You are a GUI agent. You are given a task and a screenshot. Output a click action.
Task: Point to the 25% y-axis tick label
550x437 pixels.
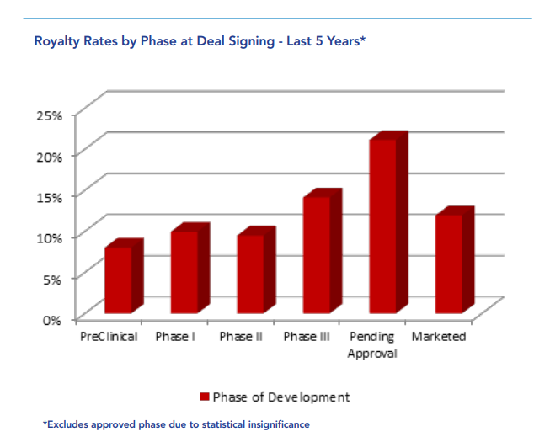(50, 115)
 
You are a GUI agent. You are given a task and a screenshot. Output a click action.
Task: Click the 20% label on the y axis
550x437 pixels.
(50, 157)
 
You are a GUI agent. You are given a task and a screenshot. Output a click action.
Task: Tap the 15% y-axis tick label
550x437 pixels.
(50, 198)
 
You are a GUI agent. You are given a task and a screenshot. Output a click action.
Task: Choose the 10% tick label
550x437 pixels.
(50, 238)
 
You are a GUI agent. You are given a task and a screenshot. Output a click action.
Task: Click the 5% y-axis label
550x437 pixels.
(52, 280)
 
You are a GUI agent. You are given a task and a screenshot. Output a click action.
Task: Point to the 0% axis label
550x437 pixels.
(52, 320)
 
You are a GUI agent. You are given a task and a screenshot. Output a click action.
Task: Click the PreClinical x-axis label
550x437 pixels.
(109, 337)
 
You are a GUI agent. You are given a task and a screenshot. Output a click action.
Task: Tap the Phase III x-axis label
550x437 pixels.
(307, 337)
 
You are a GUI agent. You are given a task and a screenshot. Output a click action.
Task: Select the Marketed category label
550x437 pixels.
(439, 337)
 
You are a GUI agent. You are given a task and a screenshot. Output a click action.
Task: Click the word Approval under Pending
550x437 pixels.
(372, 354)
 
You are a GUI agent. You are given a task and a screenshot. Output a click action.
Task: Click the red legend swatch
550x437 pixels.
(205, 397)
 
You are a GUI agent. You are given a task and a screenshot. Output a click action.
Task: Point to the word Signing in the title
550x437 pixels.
(252, 42)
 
